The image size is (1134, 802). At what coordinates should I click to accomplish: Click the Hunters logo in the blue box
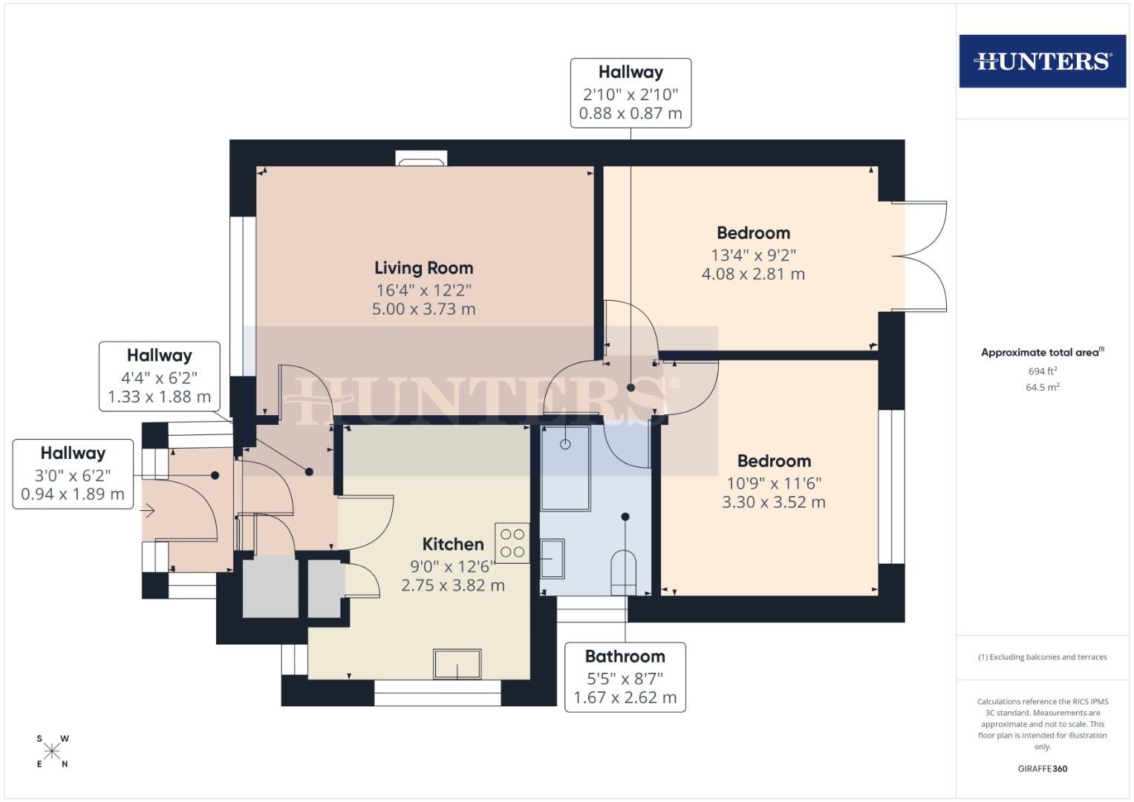[1042, 61]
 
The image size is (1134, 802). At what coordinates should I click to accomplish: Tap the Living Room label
[423, 268]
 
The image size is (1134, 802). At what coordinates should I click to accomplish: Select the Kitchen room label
[453, 544]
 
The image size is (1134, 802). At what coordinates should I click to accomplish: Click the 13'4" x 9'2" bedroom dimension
[753, 255]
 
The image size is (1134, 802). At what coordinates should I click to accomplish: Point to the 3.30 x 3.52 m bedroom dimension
[774, 502]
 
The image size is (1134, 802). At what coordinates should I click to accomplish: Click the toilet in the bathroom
[624, 572]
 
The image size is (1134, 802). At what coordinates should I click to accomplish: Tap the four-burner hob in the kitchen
[512, 543]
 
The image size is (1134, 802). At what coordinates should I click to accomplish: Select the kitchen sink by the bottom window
[457, 663]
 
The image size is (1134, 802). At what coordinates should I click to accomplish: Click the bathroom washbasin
[552, 558]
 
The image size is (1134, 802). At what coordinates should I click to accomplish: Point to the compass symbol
[52, 751]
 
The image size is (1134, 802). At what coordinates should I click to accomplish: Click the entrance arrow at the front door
[148, 510]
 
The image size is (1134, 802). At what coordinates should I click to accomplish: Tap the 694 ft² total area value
[1043, 371]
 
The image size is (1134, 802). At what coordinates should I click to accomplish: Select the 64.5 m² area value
[1043, 387]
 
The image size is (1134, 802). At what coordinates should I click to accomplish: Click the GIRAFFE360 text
[1042, 769]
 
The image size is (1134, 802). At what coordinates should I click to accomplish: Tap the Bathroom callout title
[625, 656]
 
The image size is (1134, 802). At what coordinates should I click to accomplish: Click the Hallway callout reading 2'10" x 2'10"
[630, 93]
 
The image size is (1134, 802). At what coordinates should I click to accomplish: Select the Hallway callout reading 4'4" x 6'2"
[159, 376]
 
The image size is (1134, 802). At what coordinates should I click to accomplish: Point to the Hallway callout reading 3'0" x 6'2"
[73, 474]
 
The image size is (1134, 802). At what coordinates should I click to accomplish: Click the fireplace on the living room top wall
[422, 159]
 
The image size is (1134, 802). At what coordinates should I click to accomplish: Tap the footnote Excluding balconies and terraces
[1043, 657]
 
